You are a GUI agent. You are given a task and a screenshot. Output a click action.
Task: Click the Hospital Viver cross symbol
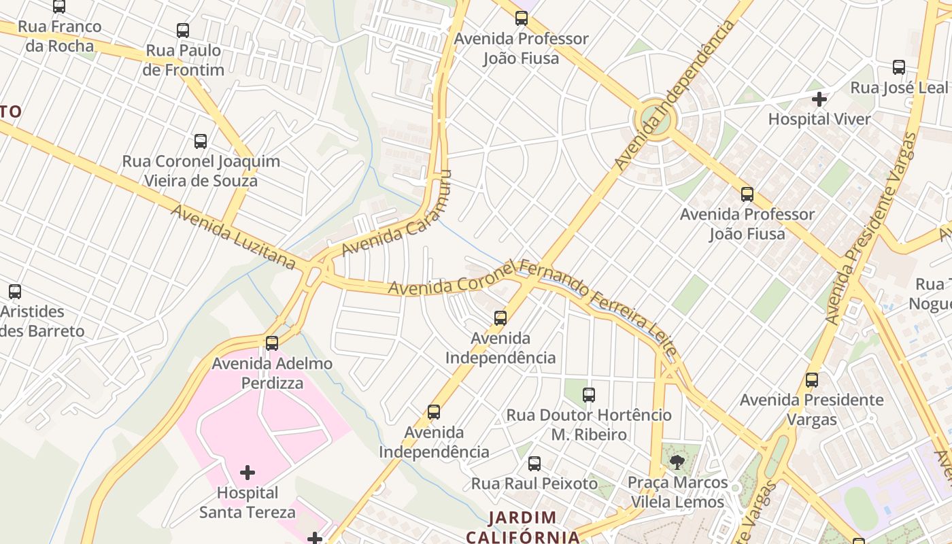(x=819, y=99)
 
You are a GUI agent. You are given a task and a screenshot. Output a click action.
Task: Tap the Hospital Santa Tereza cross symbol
(x=248, y=472)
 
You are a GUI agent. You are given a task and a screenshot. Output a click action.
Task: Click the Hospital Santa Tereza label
(x=248, y=502)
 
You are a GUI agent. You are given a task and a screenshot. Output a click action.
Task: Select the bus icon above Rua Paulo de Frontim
(x=183, y=30)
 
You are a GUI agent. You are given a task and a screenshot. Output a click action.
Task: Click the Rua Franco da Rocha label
(x=60, y=36)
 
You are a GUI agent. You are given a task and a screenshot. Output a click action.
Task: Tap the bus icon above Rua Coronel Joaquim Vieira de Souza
(x=201, y=141)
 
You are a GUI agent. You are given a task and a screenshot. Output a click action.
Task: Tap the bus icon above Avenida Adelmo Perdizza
(x=272, y=343)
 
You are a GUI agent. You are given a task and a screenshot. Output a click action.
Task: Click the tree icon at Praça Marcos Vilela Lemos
(x=677, y=463)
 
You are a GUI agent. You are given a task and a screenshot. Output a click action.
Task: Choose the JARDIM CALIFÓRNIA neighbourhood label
(x=522, y=527)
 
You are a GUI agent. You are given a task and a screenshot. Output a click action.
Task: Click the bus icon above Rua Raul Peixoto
(x=534, y=464)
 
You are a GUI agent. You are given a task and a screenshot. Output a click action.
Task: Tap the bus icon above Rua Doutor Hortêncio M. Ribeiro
(x=589, y=394)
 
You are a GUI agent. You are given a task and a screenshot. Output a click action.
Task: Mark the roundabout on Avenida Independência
(x=656, y=121)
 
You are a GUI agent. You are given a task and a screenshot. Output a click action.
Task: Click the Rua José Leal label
(x=898, y=88)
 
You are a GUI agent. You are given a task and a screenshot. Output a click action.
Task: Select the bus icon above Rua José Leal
(x=899, y=67)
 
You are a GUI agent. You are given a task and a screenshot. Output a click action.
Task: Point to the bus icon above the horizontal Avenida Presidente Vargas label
(x=812, y=379)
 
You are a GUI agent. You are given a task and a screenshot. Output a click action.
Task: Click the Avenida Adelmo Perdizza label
(x=272, y=373)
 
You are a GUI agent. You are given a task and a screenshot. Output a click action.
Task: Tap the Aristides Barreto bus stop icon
(x=15, y=292)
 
